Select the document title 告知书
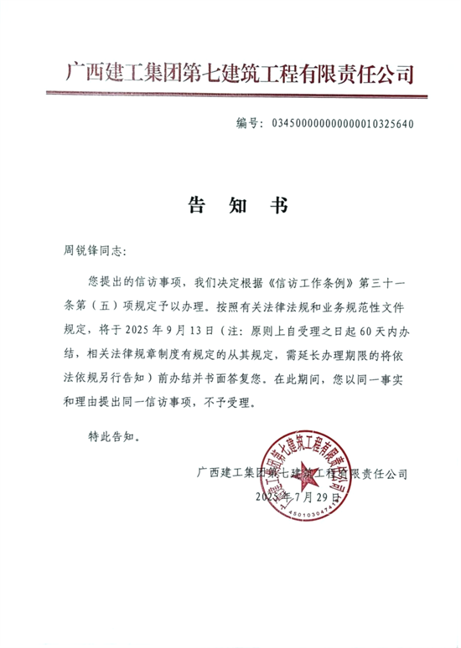229,206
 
